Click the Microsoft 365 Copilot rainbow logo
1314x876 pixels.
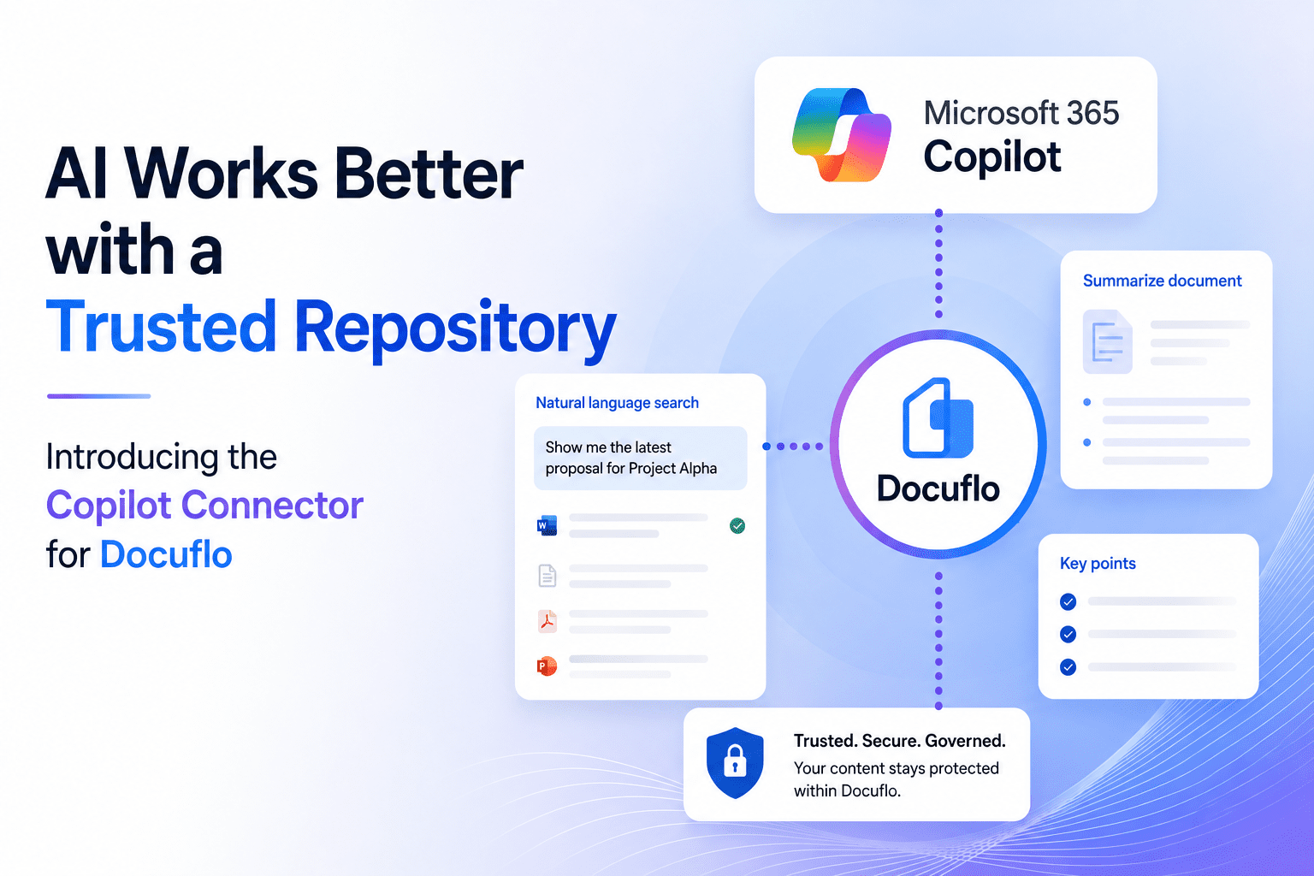pyautogui.click(x=842, y=134)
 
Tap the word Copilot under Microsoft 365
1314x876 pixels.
pyautogui.click(x=992, y=157)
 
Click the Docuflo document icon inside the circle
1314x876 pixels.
pyautogui.click(x=938, y=417)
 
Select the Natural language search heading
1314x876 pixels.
pyautogui.click(x=617, y=403)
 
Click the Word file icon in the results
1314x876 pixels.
pyautogui.click(x=547, y=525)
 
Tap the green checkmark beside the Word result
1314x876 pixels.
pyautogui.click(x=737, y=526)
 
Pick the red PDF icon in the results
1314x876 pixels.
pyautogui.click(x=547, y=621)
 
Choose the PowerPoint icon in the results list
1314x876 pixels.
pyautogui.click(x=547, y=666)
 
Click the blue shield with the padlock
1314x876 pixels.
pyautogui.click(x=735, y=763)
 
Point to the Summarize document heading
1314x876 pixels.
pyautogui.click(x=1162, y=281)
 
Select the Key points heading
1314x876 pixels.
pyautogui.click(x=1098, y=563)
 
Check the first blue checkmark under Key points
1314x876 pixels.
pyautogui.click(x=1068, y=601)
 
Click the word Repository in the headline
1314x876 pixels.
pyautogui.click(x=455, y=328)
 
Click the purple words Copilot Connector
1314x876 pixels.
pyautogui.click(x=204, y=506)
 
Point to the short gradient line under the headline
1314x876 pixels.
pyautogui.click(x=98, y=396)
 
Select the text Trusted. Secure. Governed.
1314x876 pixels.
pyautogui.click(x=899, y=741)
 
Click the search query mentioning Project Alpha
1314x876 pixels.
pyautogui.click(x=631, y=458)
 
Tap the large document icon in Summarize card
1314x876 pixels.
pyautogui.click(x=1108, y=341)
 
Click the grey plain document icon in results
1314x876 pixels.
pyautogui.click(x=547, y=576)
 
